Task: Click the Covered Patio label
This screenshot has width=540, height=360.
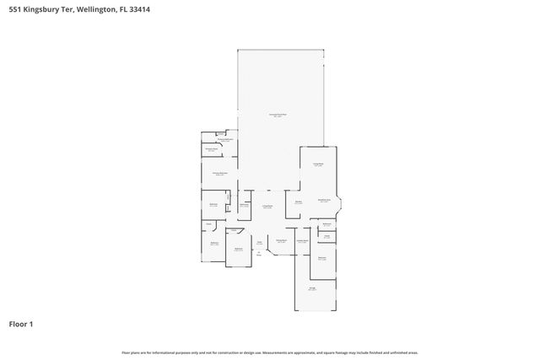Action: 278,114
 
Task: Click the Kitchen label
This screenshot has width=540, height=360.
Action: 298,202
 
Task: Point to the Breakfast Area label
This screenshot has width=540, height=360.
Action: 323,201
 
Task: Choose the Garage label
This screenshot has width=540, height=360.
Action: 312,288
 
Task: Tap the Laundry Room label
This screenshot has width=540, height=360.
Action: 301,241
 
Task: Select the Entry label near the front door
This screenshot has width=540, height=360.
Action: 260,245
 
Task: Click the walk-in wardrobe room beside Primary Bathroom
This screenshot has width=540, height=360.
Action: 212,150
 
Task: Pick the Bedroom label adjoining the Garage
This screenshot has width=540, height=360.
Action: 322,258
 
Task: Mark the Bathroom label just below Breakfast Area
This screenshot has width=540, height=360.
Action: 327,224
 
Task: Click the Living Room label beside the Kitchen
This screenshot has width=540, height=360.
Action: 267,207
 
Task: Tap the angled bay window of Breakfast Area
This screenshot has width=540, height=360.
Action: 339,202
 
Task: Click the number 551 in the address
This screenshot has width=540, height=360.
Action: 14,6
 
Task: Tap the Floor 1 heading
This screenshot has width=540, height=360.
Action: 21,324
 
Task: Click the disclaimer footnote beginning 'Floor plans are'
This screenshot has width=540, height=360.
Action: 269,352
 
